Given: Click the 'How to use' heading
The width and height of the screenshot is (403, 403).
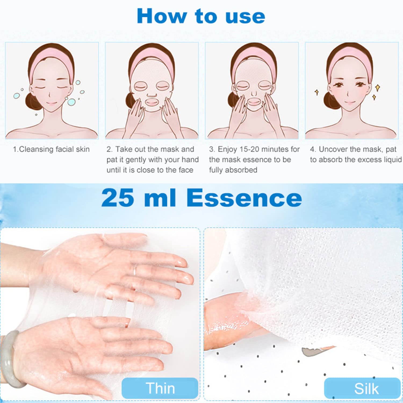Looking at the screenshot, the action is [x=201, y=16].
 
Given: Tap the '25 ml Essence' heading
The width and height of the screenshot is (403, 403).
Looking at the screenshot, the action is [x=201, y=198].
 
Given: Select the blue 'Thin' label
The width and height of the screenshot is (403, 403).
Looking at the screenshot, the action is [x=160, y=388].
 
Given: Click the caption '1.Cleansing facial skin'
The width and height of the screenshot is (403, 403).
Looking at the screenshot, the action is [x=51, y=149].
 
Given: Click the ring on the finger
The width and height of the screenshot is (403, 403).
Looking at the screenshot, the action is [x=135, y=270].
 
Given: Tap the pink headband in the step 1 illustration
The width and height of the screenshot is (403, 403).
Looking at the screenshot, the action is [x=51, y=64].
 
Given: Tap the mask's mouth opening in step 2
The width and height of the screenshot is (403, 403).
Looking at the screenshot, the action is [x=152, y=102].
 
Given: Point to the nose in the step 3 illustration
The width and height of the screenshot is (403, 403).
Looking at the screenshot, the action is [x=254, y=93].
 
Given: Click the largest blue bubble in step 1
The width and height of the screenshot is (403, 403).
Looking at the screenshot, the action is [x=71, y=102].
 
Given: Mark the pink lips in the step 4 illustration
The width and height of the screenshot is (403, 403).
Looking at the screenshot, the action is [x=350, y=102].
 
